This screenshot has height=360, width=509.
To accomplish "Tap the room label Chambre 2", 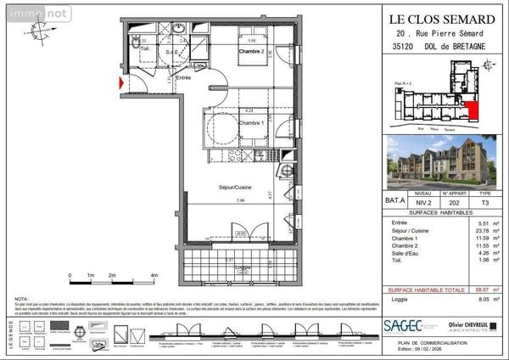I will (252, 52).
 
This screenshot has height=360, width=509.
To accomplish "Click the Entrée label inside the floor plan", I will (182, 78).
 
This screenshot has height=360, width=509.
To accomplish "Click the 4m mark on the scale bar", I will (154, 276).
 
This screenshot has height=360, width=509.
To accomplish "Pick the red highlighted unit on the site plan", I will (471, 110).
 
